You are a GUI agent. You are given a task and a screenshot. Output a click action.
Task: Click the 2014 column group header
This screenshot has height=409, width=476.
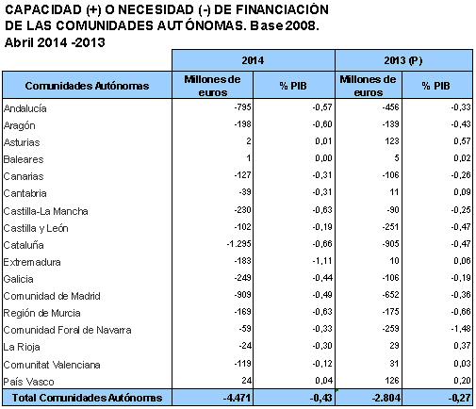253,60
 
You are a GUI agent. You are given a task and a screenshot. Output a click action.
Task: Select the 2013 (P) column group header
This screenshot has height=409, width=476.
403,60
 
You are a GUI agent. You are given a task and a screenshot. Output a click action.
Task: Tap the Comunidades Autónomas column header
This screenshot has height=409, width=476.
87,86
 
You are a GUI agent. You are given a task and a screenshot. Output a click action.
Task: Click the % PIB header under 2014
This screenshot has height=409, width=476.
293,86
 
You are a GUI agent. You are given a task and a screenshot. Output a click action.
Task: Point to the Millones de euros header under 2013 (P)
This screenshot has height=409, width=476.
368,86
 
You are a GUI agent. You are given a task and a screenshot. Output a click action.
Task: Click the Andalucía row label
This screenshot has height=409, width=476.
25,108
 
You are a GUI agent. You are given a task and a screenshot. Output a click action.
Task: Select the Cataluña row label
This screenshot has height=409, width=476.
24,245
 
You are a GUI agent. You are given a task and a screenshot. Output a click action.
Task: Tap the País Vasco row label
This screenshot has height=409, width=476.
28,382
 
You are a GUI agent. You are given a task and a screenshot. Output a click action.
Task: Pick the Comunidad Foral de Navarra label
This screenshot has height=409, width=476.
67,330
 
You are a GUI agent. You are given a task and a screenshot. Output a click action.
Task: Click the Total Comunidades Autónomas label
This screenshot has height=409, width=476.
87,398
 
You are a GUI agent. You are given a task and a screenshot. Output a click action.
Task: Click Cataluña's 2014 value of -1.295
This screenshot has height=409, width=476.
238,243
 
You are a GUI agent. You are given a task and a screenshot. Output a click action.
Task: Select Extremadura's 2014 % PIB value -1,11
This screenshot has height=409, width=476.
321,260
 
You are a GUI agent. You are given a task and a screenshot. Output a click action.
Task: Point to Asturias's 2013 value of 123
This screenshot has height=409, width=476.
392,141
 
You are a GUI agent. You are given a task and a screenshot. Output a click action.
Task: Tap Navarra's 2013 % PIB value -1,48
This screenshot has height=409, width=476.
461,329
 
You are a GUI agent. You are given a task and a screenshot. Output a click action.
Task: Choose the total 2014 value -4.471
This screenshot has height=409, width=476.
238,398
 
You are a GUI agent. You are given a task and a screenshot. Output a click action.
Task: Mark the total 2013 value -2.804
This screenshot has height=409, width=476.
386,398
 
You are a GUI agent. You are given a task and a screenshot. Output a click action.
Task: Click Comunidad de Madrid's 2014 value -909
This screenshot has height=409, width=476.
242,295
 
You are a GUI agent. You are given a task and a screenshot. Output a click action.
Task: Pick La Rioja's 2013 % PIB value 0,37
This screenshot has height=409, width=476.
462,346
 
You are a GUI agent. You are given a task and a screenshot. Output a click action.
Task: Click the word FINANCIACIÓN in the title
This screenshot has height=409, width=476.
282,9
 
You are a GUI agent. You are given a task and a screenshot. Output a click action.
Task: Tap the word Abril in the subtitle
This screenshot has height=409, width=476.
19,42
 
